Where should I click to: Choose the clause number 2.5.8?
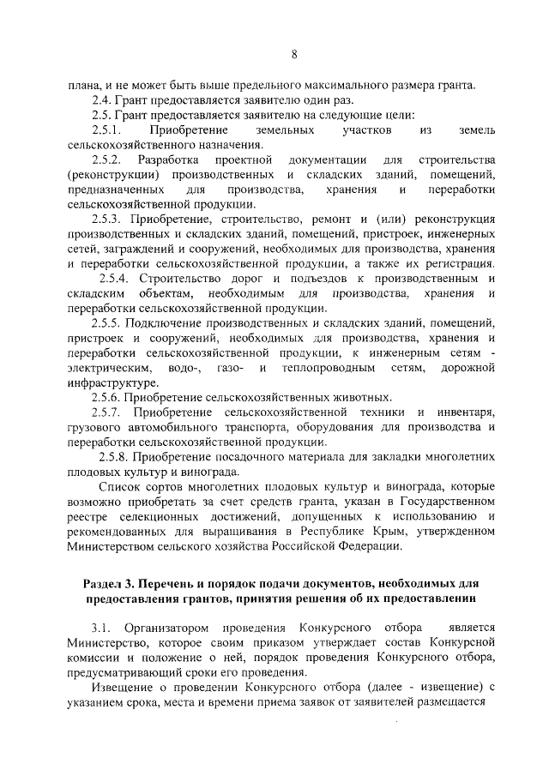114,457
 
